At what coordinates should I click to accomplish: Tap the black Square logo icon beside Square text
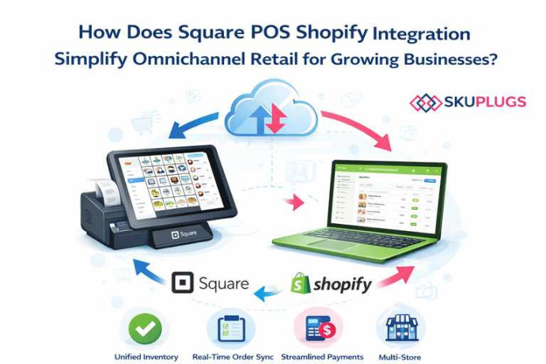click(183, 283)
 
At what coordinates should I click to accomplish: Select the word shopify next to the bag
click(342, 285)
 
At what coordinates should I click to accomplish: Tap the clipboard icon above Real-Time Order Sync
click(228, 327)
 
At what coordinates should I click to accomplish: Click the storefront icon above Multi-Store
click(400, 327)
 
